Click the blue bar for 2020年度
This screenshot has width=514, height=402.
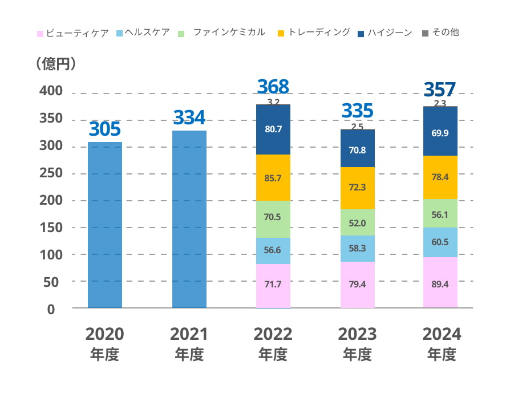pyautogui.click(x=105, y=225)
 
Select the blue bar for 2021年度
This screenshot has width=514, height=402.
pyautogui.click(x=189, y=219)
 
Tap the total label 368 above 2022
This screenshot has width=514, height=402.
pyautogui.click(x=273, y=87)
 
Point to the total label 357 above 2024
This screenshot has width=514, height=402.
pyautogui.click(x=440, y=90)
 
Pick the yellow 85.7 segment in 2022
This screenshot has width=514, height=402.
pyautogui.click(x=273, y=177)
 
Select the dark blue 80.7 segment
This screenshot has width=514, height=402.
pyautogui.click(x=273, y=129)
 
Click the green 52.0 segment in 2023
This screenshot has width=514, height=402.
pyautogui.click(x=358, y=222)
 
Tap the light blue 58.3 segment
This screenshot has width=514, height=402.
pyautogui.click(x=358, y=249)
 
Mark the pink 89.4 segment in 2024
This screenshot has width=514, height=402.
pyautogui.click(x=440, y=282)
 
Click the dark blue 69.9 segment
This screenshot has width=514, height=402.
pyautogui.click(x=440, y=131)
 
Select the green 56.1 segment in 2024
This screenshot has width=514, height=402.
pyautogui.click(x=440, y=214)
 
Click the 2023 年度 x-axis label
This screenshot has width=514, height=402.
pyautogui.click(x=358, y=344)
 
